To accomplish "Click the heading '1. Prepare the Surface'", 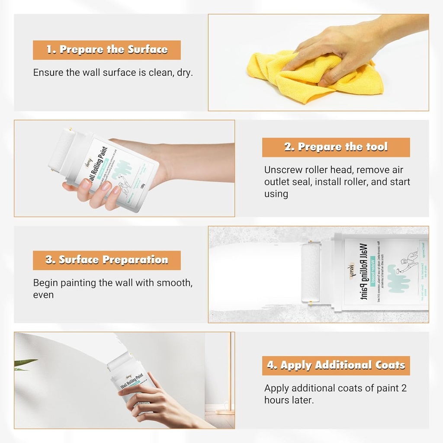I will [107, 50].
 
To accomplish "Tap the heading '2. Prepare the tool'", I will [336, 147].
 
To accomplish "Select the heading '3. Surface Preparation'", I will [107, 260].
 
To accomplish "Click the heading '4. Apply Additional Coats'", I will [336, 365].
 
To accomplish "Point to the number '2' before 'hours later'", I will [404, 388].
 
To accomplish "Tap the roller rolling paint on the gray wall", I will [310, 274].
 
